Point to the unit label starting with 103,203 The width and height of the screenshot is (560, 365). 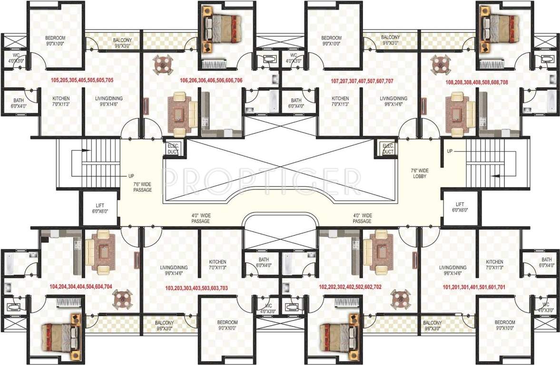pos(196,288)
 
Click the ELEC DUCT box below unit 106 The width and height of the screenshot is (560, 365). pos(171,148)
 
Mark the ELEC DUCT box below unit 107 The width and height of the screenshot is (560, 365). pos(388,148)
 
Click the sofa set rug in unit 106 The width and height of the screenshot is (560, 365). pos(180,113)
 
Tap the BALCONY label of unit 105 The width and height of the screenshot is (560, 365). pos(122,43)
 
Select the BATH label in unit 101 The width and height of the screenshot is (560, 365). pos(546,262)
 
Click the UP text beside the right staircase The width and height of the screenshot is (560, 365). pos(450,151)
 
